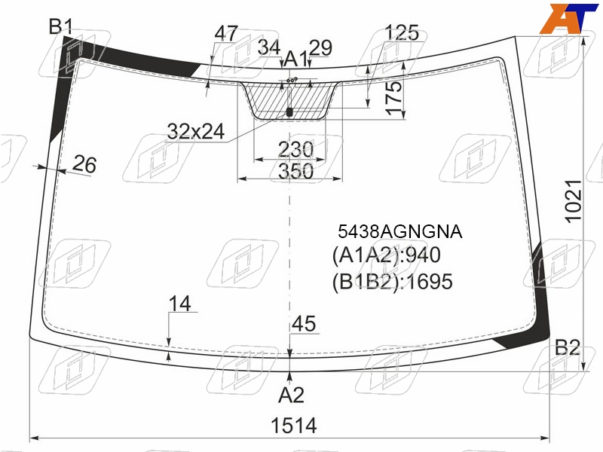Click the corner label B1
click(61, 26)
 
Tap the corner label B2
click(568, 347)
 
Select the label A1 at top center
click(295, 60)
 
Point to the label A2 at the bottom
click(291, 395)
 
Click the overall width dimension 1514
click(294, 426)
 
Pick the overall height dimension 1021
click(573, 201)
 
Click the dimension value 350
click(295, 171)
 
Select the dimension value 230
click(295, 149)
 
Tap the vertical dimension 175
click(393, 98)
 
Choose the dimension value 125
click(402, 32)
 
